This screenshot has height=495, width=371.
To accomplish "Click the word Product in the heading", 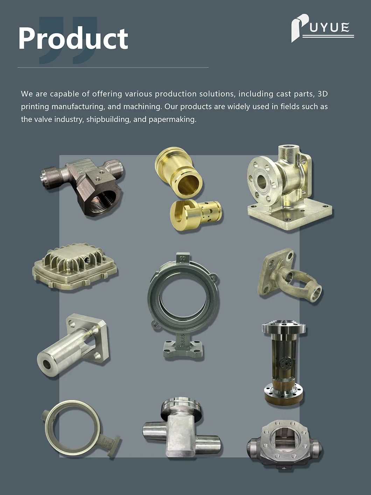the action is click(x=73, y=39).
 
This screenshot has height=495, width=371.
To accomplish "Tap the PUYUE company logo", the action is click(x=322, y=28).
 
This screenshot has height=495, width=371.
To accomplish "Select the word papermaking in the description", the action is click(x=173, y=119).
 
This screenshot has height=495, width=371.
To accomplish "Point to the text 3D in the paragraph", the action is click(x=322, y=93).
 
